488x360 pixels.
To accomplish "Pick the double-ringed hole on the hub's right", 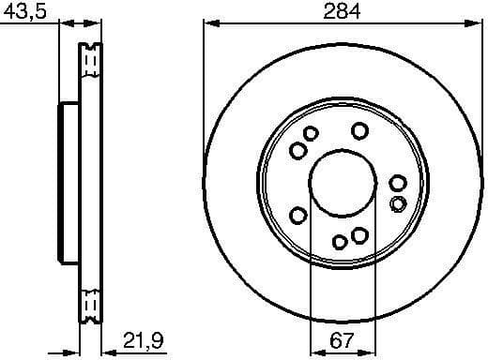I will tap(398, 203).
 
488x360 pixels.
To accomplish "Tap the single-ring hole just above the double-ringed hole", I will tap(398, 184).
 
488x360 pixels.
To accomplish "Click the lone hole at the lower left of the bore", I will tap(298, 217).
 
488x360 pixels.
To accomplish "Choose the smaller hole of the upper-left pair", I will tap(311, 134).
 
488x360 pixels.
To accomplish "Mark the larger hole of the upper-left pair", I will tap(298, 151).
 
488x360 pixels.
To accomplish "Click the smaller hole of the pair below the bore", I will tap(343, 241).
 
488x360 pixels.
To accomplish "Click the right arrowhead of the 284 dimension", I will tap(475, 22).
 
